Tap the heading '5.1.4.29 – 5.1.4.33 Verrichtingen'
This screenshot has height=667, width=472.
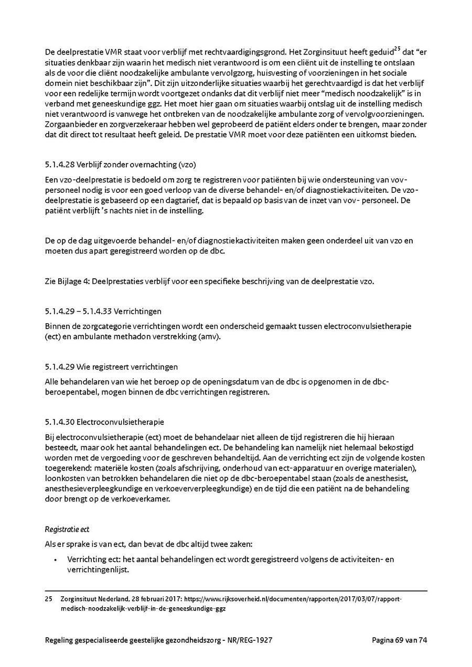tap(103, 311)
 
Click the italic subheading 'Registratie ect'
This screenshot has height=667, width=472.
tap(67, 530)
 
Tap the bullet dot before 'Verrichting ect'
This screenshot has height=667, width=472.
tap(56, 560)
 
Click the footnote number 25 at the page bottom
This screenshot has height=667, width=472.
tap(49, 599)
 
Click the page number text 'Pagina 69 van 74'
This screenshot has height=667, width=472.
tap(400, 640)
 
